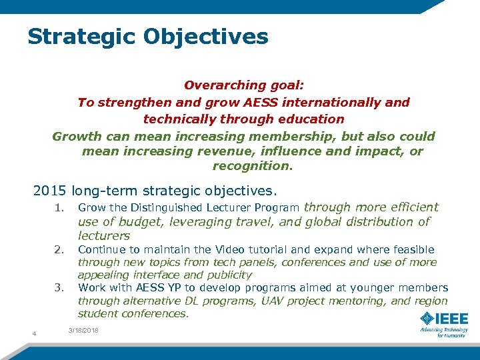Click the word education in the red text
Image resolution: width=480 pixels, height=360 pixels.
(311, 119)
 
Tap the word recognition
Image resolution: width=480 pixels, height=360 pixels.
(252, 165)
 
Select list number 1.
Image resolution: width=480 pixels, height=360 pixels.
(60, 207)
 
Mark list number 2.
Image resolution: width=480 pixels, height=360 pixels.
(60, 249)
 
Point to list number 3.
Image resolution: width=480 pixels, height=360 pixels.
(60, 288)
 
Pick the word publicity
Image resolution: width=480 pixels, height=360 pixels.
(229, 275)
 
